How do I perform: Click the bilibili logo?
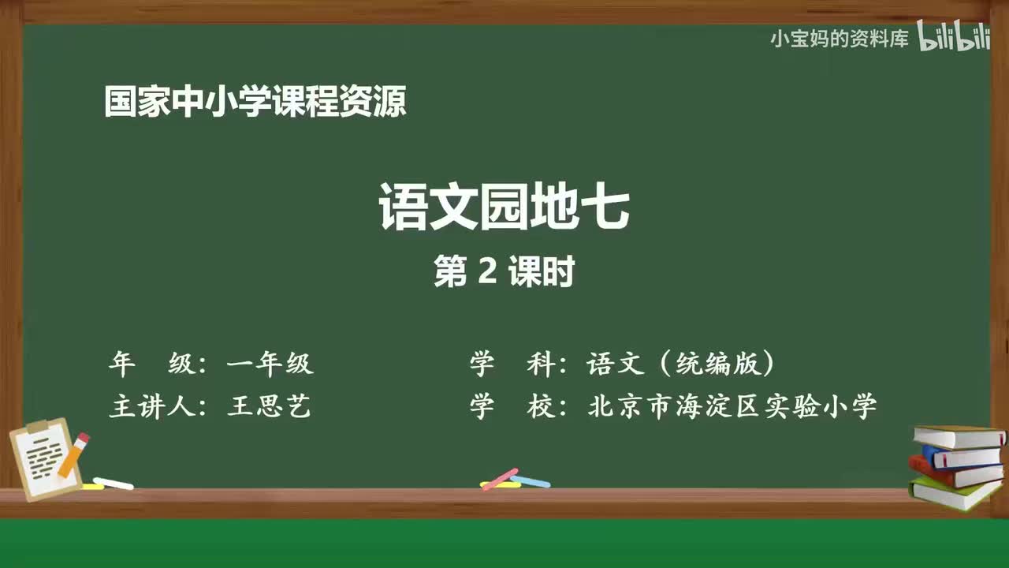coord(954,35)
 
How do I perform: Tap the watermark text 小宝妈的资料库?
coord(840,39)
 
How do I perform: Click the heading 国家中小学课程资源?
coord(255,102)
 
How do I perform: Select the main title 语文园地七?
coord(504,207)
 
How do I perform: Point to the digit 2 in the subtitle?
coord(487,271)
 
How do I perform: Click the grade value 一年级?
coord(270,364)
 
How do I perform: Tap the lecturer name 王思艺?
coord(269,405)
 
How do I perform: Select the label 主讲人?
coord(152,405)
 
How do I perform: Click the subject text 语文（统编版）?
coord(680,364)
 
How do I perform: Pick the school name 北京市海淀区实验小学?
coord(732,405)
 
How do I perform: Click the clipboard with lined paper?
coord(45,459)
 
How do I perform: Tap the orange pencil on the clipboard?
coord(74,454)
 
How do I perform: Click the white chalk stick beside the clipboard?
coord(113,484)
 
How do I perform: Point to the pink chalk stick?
coord(500,479)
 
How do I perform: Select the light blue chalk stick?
coord(531,481)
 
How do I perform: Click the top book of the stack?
coord(959,436)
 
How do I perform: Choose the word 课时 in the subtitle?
coord(542,271)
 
